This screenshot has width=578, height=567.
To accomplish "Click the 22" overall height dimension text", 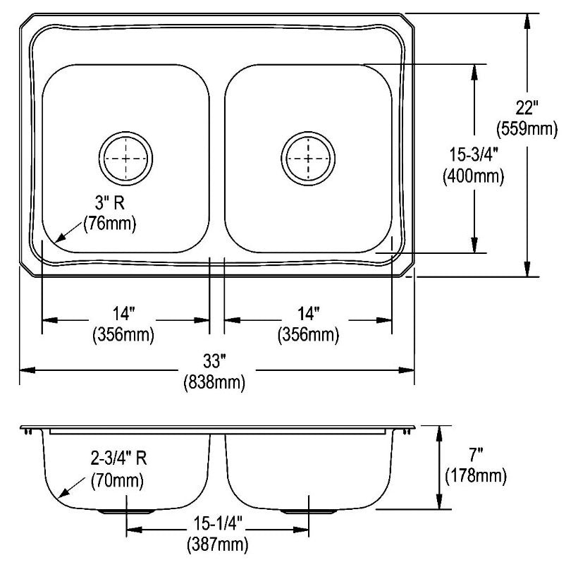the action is [x=527, y=108].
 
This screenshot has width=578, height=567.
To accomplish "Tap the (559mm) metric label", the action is [x=527, y=129].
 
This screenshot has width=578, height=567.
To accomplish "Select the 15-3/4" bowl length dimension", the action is [x=474, y=154].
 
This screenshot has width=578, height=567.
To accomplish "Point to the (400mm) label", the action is [x=473, y=176].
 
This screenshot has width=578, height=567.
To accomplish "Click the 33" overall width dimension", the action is [x=214, y=361].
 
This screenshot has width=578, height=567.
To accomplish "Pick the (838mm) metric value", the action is [x=214, y=382].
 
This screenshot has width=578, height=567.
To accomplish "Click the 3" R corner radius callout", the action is [x=110, y=202].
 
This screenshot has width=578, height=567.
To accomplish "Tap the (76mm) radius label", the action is [x=110, y=223].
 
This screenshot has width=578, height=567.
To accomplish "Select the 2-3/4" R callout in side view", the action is [x=118, y=458].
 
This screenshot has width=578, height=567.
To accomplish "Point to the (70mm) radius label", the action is [x=117, y=480].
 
